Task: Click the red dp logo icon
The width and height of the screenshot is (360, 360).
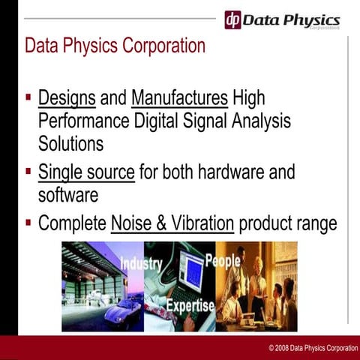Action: [x=233, y=19]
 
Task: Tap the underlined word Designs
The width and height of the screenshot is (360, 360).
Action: [x=67, y=98]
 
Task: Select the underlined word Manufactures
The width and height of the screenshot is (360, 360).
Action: [x=179, y=98]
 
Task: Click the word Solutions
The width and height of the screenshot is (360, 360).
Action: [x=71, y=143]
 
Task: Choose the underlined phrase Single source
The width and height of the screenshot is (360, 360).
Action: [x=86, y=172]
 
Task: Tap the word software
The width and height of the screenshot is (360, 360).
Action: [x=68, y=195]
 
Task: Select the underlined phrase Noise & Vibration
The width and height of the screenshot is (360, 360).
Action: [x=172, y=223]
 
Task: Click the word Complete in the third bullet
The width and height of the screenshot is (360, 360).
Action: [x=71, y=223]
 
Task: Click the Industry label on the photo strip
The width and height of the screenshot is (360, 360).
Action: [x=140, y=264]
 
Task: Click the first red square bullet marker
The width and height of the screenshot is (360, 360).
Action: [x=28, y=97]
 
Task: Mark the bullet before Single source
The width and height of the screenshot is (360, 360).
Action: [x=28, y=172]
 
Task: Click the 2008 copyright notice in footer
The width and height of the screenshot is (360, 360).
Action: [x=313, y=349]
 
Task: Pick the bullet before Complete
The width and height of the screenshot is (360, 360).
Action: [x=28, y=222]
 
